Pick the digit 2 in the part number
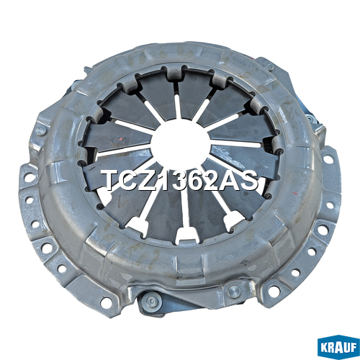[x=215, y=179]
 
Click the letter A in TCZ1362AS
[x=233, y=179]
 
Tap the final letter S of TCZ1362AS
[x=250, y=179]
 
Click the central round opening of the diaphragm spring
[x=181, y=141]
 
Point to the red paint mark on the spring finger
[x=120, y=139]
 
